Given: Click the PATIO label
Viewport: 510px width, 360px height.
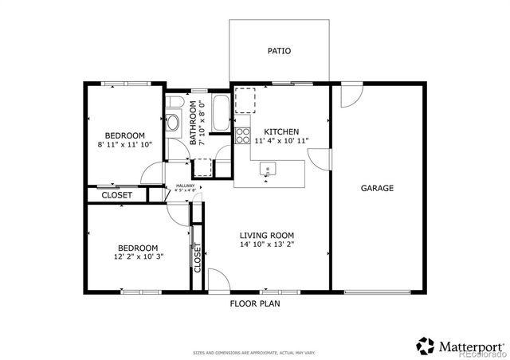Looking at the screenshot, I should coord(279,51).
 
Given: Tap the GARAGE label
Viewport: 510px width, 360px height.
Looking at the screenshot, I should coord(377,189).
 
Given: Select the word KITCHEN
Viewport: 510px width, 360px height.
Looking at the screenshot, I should coord(281,131).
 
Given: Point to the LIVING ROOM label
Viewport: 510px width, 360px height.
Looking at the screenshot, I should coord(268,235).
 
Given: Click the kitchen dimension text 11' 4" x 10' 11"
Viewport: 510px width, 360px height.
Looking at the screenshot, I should coord(281,141).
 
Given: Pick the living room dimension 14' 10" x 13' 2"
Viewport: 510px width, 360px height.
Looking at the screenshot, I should coord(268,245).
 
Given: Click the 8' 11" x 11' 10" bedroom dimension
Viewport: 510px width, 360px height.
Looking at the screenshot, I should coord(124,145).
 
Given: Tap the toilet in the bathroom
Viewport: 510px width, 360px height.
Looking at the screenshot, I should coord(173,123).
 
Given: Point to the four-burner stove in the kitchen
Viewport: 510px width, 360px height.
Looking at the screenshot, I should coord(243,133).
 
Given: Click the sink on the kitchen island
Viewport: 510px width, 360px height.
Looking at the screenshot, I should coord(268,169).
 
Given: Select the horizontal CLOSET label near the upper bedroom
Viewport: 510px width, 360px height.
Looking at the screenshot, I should coord(116,194).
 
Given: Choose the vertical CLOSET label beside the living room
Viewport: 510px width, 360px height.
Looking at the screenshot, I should coord(198,256).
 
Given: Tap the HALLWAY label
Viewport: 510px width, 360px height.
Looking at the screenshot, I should coord(184,186).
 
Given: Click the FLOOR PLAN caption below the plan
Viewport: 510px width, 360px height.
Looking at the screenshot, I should coord(255,303).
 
